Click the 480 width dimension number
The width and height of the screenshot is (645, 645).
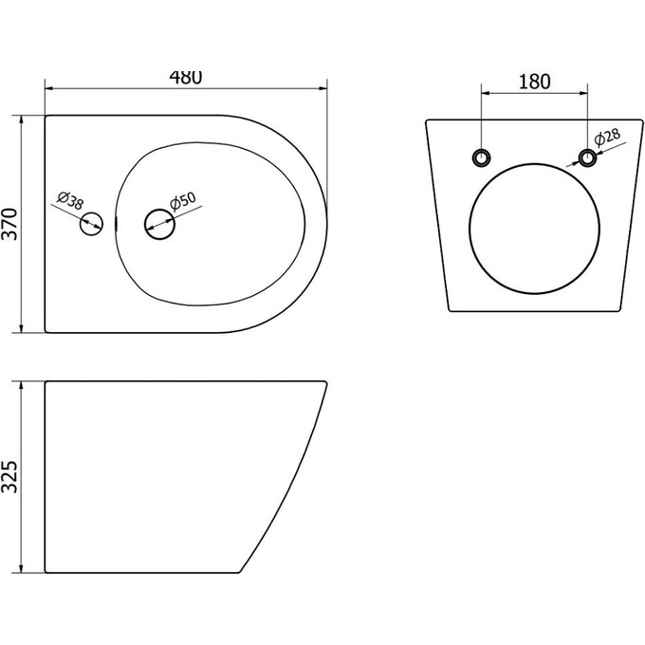186,78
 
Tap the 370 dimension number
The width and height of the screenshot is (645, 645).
9,224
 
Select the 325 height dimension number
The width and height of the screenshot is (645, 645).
9,477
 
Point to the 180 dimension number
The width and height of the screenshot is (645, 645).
534,82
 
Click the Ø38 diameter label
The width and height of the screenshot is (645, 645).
70,200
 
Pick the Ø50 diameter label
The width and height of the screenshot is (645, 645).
183,201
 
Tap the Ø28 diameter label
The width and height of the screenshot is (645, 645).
607,138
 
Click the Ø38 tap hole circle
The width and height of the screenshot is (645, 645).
91,224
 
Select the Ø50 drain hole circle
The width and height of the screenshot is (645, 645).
159,224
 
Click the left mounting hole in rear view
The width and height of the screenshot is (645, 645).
481,157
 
